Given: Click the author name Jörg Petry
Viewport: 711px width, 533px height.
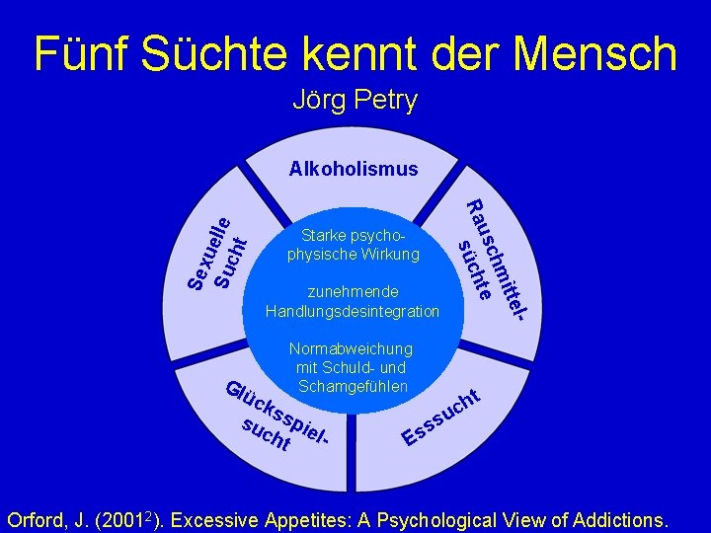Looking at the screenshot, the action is click(x=355, y=101).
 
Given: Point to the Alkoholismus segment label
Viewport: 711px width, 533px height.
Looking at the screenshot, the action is click(x=354, y=169).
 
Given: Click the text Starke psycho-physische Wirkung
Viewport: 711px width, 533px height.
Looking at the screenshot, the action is click(x=354, y=246).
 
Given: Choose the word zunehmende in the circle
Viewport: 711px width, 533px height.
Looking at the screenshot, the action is click(x=354, y=292).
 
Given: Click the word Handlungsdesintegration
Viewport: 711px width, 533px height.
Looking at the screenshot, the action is click(x=353, y=311).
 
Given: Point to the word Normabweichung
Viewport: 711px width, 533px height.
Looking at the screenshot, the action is click(x=351, y=348).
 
